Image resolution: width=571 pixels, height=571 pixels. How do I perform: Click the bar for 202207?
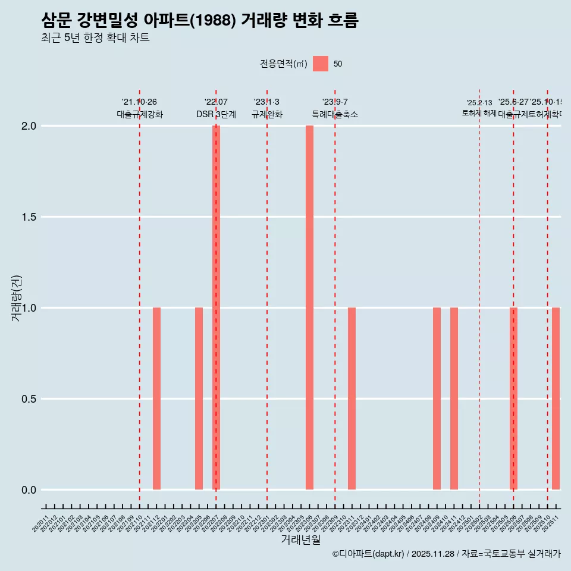(217, 308)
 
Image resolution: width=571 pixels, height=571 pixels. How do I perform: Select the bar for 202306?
(310, 308)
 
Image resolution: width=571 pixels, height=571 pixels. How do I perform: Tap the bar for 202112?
(157, 399)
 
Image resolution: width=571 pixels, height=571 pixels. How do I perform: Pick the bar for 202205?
(199, 399)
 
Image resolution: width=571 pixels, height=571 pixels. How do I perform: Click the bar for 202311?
(352, 399)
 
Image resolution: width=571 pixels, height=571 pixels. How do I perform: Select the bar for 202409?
(437, 399)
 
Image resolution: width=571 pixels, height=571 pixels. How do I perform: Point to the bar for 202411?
(454, 399)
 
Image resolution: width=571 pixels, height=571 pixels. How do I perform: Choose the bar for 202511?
(556, 399)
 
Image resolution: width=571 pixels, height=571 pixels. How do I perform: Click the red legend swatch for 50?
(321, 64)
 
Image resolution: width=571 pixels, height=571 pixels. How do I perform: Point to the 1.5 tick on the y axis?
(29, 217)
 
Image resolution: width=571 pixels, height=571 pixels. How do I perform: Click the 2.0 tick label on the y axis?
(29, 126)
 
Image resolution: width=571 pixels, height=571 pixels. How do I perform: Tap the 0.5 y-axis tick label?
(29, 399)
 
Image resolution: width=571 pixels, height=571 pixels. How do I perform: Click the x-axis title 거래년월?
(301, 540)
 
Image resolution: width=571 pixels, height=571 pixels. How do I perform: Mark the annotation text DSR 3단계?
(217, 115)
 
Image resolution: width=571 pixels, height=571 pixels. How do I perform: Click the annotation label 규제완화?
(267, 115)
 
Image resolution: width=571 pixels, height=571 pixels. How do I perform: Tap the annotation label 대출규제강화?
(140, 115)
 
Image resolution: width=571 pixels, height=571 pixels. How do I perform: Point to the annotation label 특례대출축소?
(335, 115)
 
